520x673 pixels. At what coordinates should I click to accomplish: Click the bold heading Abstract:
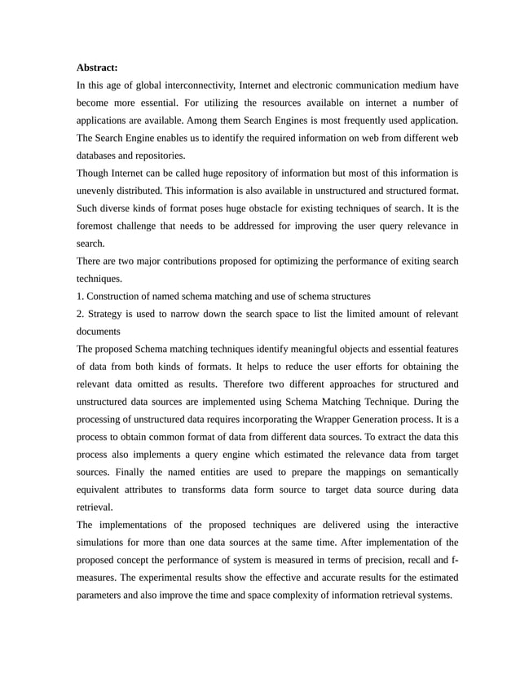[97, 67]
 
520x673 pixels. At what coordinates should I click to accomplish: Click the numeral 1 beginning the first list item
[78, 296]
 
